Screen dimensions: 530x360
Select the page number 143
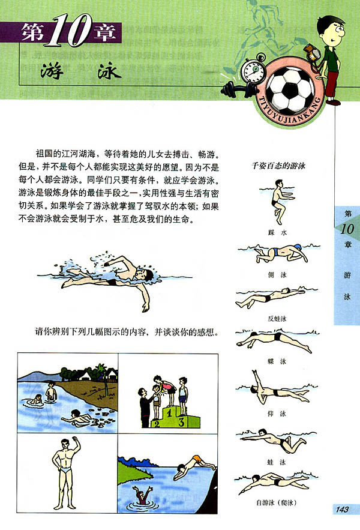point(342,510)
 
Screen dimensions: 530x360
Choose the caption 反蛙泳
point(277,318)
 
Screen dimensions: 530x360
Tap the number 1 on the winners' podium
point(170,412)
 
